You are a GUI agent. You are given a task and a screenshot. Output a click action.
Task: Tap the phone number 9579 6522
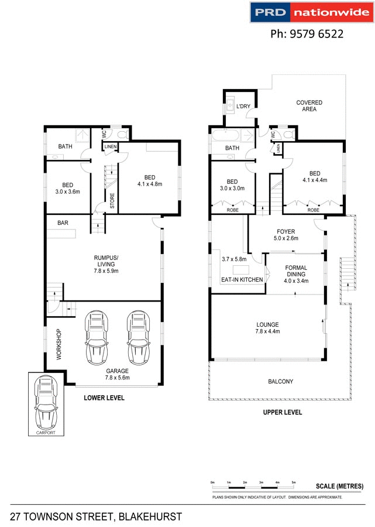tap(307, 34)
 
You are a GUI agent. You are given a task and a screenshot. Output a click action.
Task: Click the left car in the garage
tap(96, 337)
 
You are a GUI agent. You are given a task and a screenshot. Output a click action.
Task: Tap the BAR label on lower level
tap(63, 223)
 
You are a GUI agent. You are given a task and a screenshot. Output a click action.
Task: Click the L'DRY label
tap(243, 107)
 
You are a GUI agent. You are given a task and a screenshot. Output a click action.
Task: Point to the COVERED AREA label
tap(309, 106)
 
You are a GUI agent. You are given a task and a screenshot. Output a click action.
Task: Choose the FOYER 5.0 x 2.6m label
tap(285, 235)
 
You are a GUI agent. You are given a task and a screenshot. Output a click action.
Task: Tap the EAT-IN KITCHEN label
tap(242, 280)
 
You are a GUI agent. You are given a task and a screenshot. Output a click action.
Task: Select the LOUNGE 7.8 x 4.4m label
tap(267, 328)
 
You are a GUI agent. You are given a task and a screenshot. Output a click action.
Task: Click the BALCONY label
tap(281, 382)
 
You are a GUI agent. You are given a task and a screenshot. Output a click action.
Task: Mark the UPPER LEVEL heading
tap(282, 412)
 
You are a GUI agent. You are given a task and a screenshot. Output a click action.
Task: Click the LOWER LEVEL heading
tap(104, 398)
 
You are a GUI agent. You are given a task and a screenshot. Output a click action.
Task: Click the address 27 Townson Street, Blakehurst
tap(96, 516)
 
